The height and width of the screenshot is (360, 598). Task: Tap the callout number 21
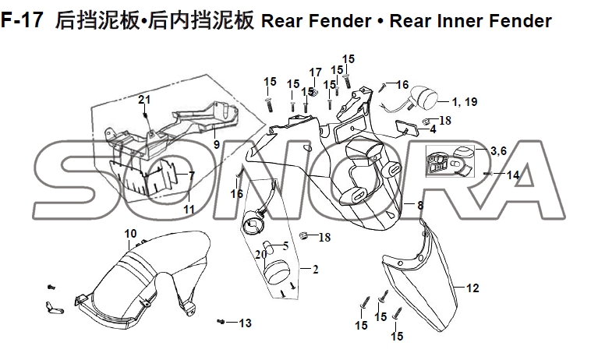coord(143,99)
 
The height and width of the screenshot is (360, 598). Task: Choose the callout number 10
coord(130,233)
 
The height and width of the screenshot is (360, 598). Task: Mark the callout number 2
coord(315,270)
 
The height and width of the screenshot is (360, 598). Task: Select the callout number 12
coord(472,288)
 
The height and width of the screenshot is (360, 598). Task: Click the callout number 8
coord(420,205)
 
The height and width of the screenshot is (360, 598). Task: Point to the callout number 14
coord(513,175)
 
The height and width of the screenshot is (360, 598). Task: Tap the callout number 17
coord(315,72)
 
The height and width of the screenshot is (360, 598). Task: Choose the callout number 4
coord(432,129)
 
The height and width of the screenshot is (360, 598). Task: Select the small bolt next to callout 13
coord(222,321)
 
